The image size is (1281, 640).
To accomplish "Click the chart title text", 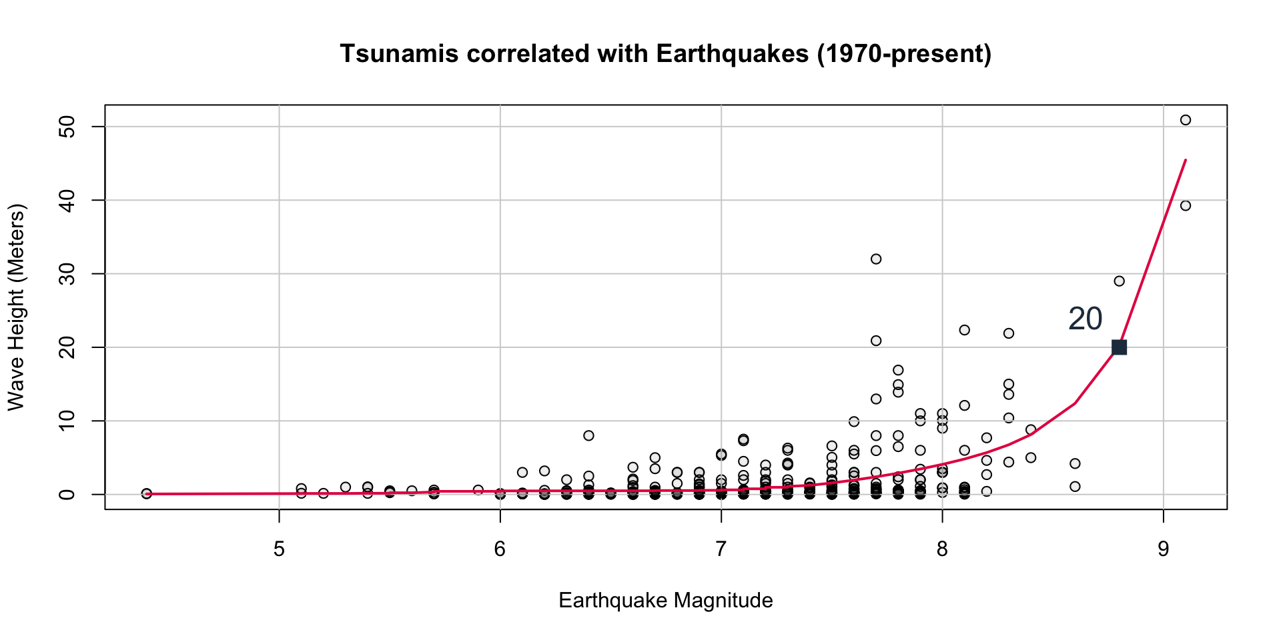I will point(665,54).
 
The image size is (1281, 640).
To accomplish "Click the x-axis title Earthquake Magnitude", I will point(665,601).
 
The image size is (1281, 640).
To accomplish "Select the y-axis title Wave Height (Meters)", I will point(16,307).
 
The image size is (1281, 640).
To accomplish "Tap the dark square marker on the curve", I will point(1119,347).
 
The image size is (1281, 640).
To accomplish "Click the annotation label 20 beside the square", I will point(1085,319).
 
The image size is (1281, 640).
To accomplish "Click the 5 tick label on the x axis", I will point(279,550).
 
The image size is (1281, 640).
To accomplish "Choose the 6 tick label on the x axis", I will point(500,550).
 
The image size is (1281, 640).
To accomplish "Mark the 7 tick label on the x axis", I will point(721,550).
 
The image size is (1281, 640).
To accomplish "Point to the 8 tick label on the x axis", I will point(942,550).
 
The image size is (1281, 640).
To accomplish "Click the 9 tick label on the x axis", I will point(1163,550).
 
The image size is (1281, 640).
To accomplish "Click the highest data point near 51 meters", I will point(1186,120).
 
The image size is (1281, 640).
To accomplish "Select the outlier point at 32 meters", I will point(876,259).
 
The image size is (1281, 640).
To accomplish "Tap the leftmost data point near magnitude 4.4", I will point(147,493).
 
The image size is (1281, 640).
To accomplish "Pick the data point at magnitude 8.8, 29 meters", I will point(1119,281).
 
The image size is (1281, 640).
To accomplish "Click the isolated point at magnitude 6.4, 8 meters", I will point(588,435).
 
